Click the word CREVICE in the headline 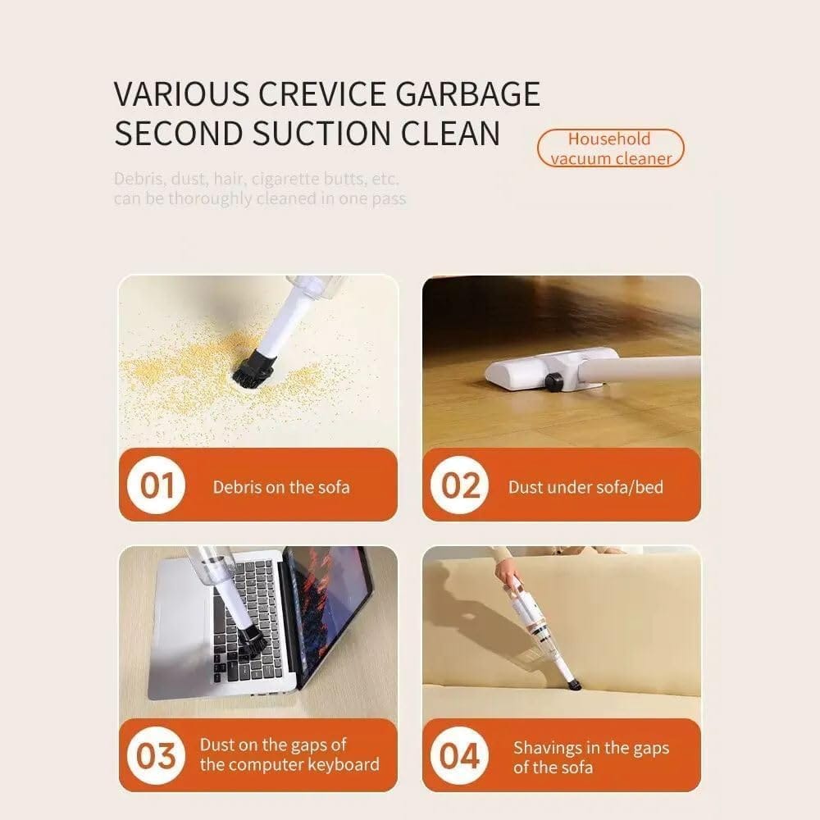(x=321, y=94)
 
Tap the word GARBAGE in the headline (x=467, y=94)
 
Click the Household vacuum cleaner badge (x=610, y=148)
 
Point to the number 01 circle (x=157, y=485)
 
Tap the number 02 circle (x=460, y=485)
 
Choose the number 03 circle (x=155, y=756)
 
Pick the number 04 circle (x=459, y=756)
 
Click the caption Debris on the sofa (x=280, y=487)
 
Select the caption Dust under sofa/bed (x=585, y=487)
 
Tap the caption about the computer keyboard (x=289, y=754)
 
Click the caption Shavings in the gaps (x=591, y=758)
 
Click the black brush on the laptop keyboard (x=250, y=642)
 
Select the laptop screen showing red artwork (x=323, y=612)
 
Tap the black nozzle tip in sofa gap (x=574, y=682)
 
